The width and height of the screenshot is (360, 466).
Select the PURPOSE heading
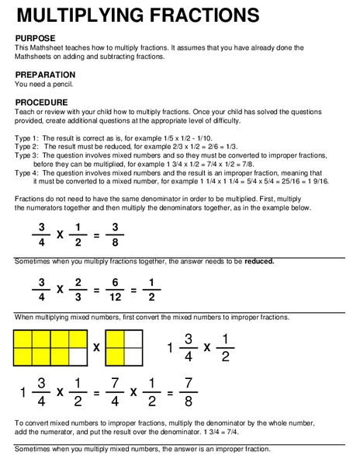pos(37,38)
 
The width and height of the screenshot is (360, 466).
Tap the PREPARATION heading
pos(46,75)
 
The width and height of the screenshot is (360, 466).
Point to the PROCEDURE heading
pos(42,103)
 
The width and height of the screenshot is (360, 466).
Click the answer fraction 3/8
pos(114,234)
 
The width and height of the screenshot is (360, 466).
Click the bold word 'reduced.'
pos(259,261)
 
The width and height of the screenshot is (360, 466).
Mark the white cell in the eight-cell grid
pos(78,356)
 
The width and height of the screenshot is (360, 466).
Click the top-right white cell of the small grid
pos(133,339)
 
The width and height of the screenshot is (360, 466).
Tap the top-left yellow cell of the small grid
pos(115,339)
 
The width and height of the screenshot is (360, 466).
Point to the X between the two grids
pos(96,348)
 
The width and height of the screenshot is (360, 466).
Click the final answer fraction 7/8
pos(207,392)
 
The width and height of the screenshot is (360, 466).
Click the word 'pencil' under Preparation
pos(67,84)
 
